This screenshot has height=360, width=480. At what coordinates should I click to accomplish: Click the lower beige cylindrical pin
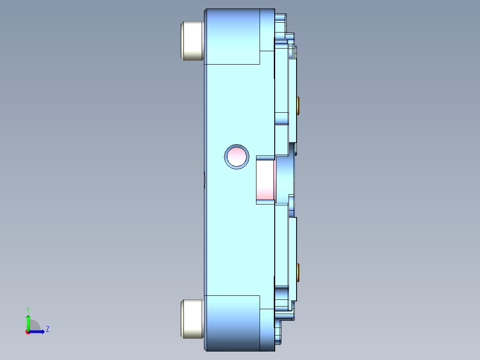pyautogui.click(x=192, y=318)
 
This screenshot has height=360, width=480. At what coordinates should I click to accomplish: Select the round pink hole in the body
pyautogui.click(x=236, y=156)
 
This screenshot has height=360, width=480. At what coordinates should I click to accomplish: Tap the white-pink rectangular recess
pyautogui.click(x=265, y=180)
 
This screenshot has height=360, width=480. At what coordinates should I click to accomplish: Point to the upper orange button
pyautogui.click(x=298, y=106)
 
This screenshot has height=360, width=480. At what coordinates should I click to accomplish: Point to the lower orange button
pyautogui.click(x=298, y=272)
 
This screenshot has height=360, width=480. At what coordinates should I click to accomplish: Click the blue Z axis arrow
pyautogui.click(x=38, y=331)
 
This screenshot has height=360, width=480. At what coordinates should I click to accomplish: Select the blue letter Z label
pyautogui.click(x=47, y=329)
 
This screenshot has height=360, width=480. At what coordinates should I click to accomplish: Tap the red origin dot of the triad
pyautogui.click(x=28, y=332)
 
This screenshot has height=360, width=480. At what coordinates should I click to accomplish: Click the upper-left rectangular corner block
pyautogui.click(x=232, y=37)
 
